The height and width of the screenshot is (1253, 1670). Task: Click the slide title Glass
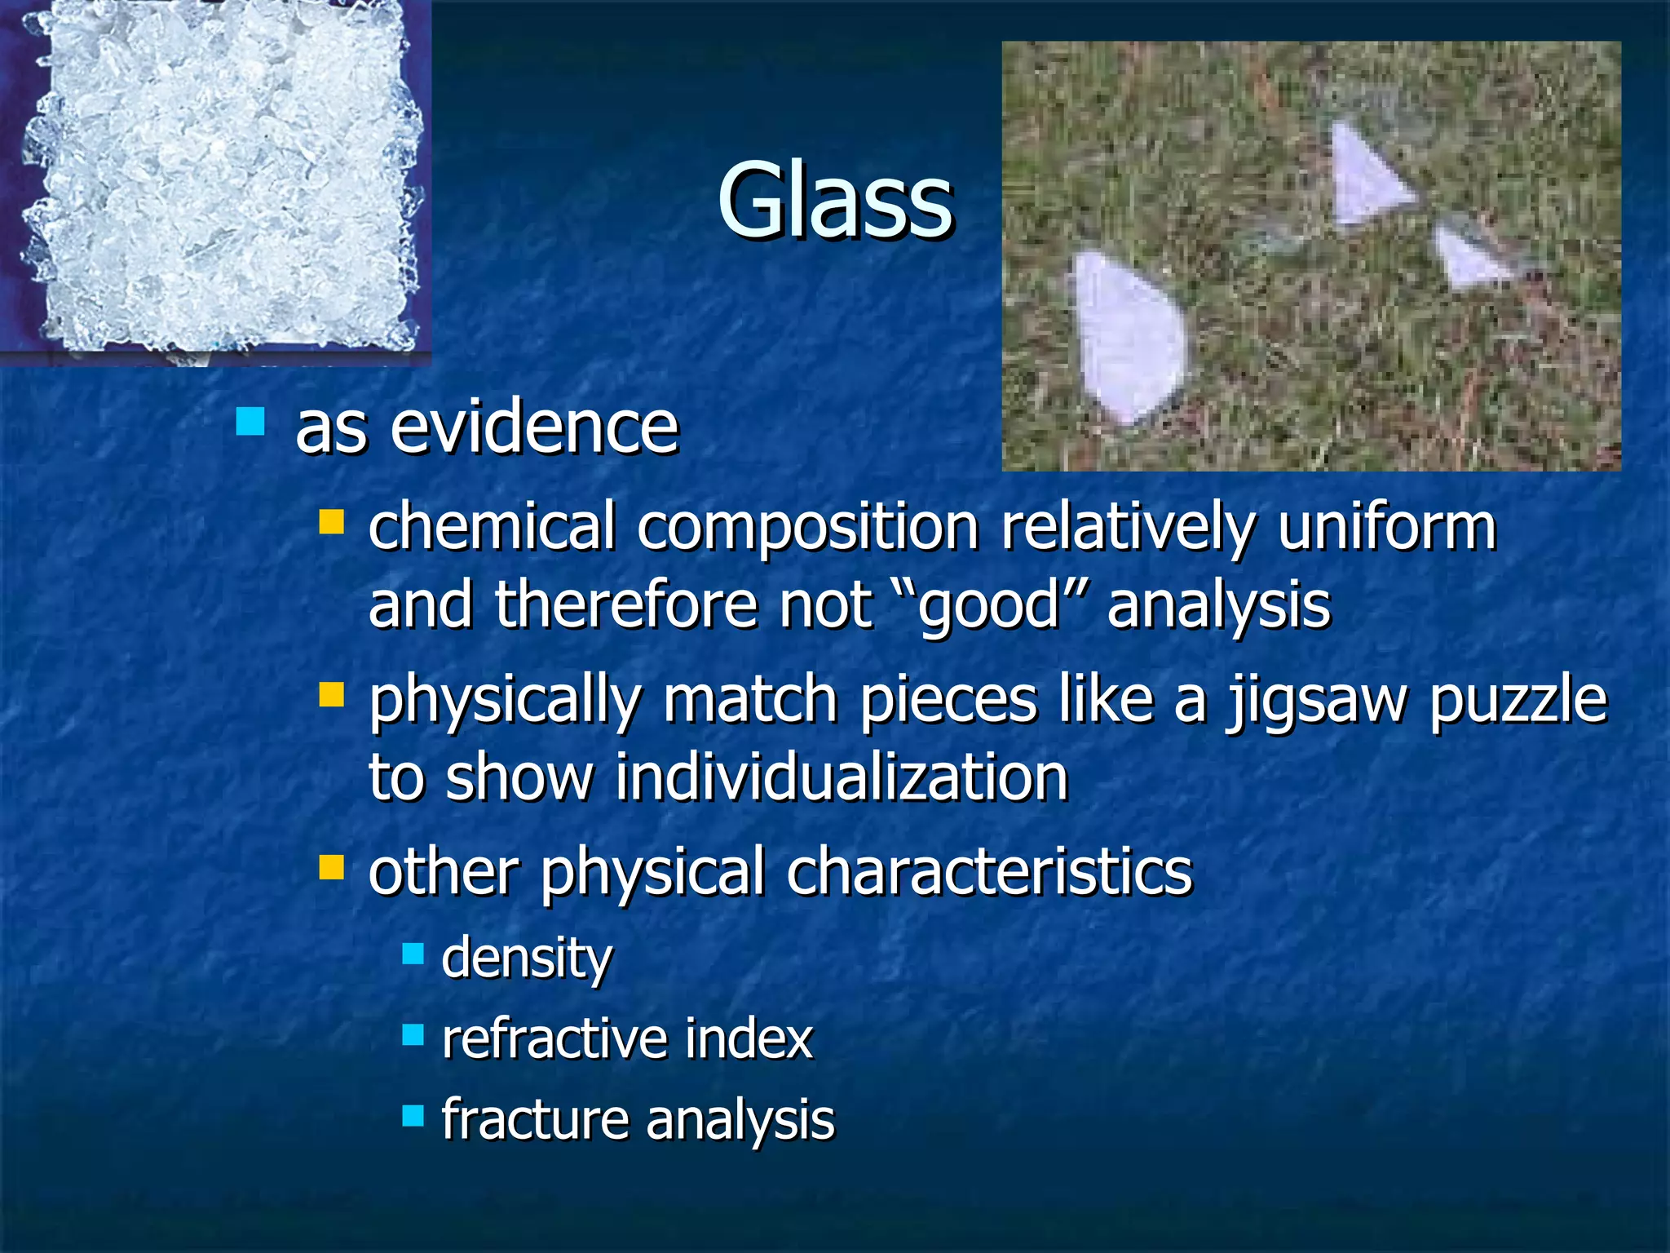835,201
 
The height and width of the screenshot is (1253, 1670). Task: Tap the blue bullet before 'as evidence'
250,422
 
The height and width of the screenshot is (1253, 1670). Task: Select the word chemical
492,528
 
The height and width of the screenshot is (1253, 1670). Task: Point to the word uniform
1386,528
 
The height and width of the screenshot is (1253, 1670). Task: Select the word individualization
841,777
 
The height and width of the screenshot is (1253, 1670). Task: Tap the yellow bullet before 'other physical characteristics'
332,867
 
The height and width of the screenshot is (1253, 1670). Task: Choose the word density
526,959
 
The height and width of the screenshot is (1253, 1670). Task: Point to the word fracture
534,1119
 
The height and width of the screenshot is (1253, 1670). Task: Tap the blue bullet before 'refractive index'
413,1035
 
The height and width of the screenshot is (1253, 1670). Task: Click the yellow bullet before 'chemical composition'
332,521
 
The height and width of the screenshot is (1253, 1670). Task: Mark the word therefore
626,605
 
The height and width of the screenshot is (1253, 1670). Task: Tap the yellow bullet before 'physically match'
332,695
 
